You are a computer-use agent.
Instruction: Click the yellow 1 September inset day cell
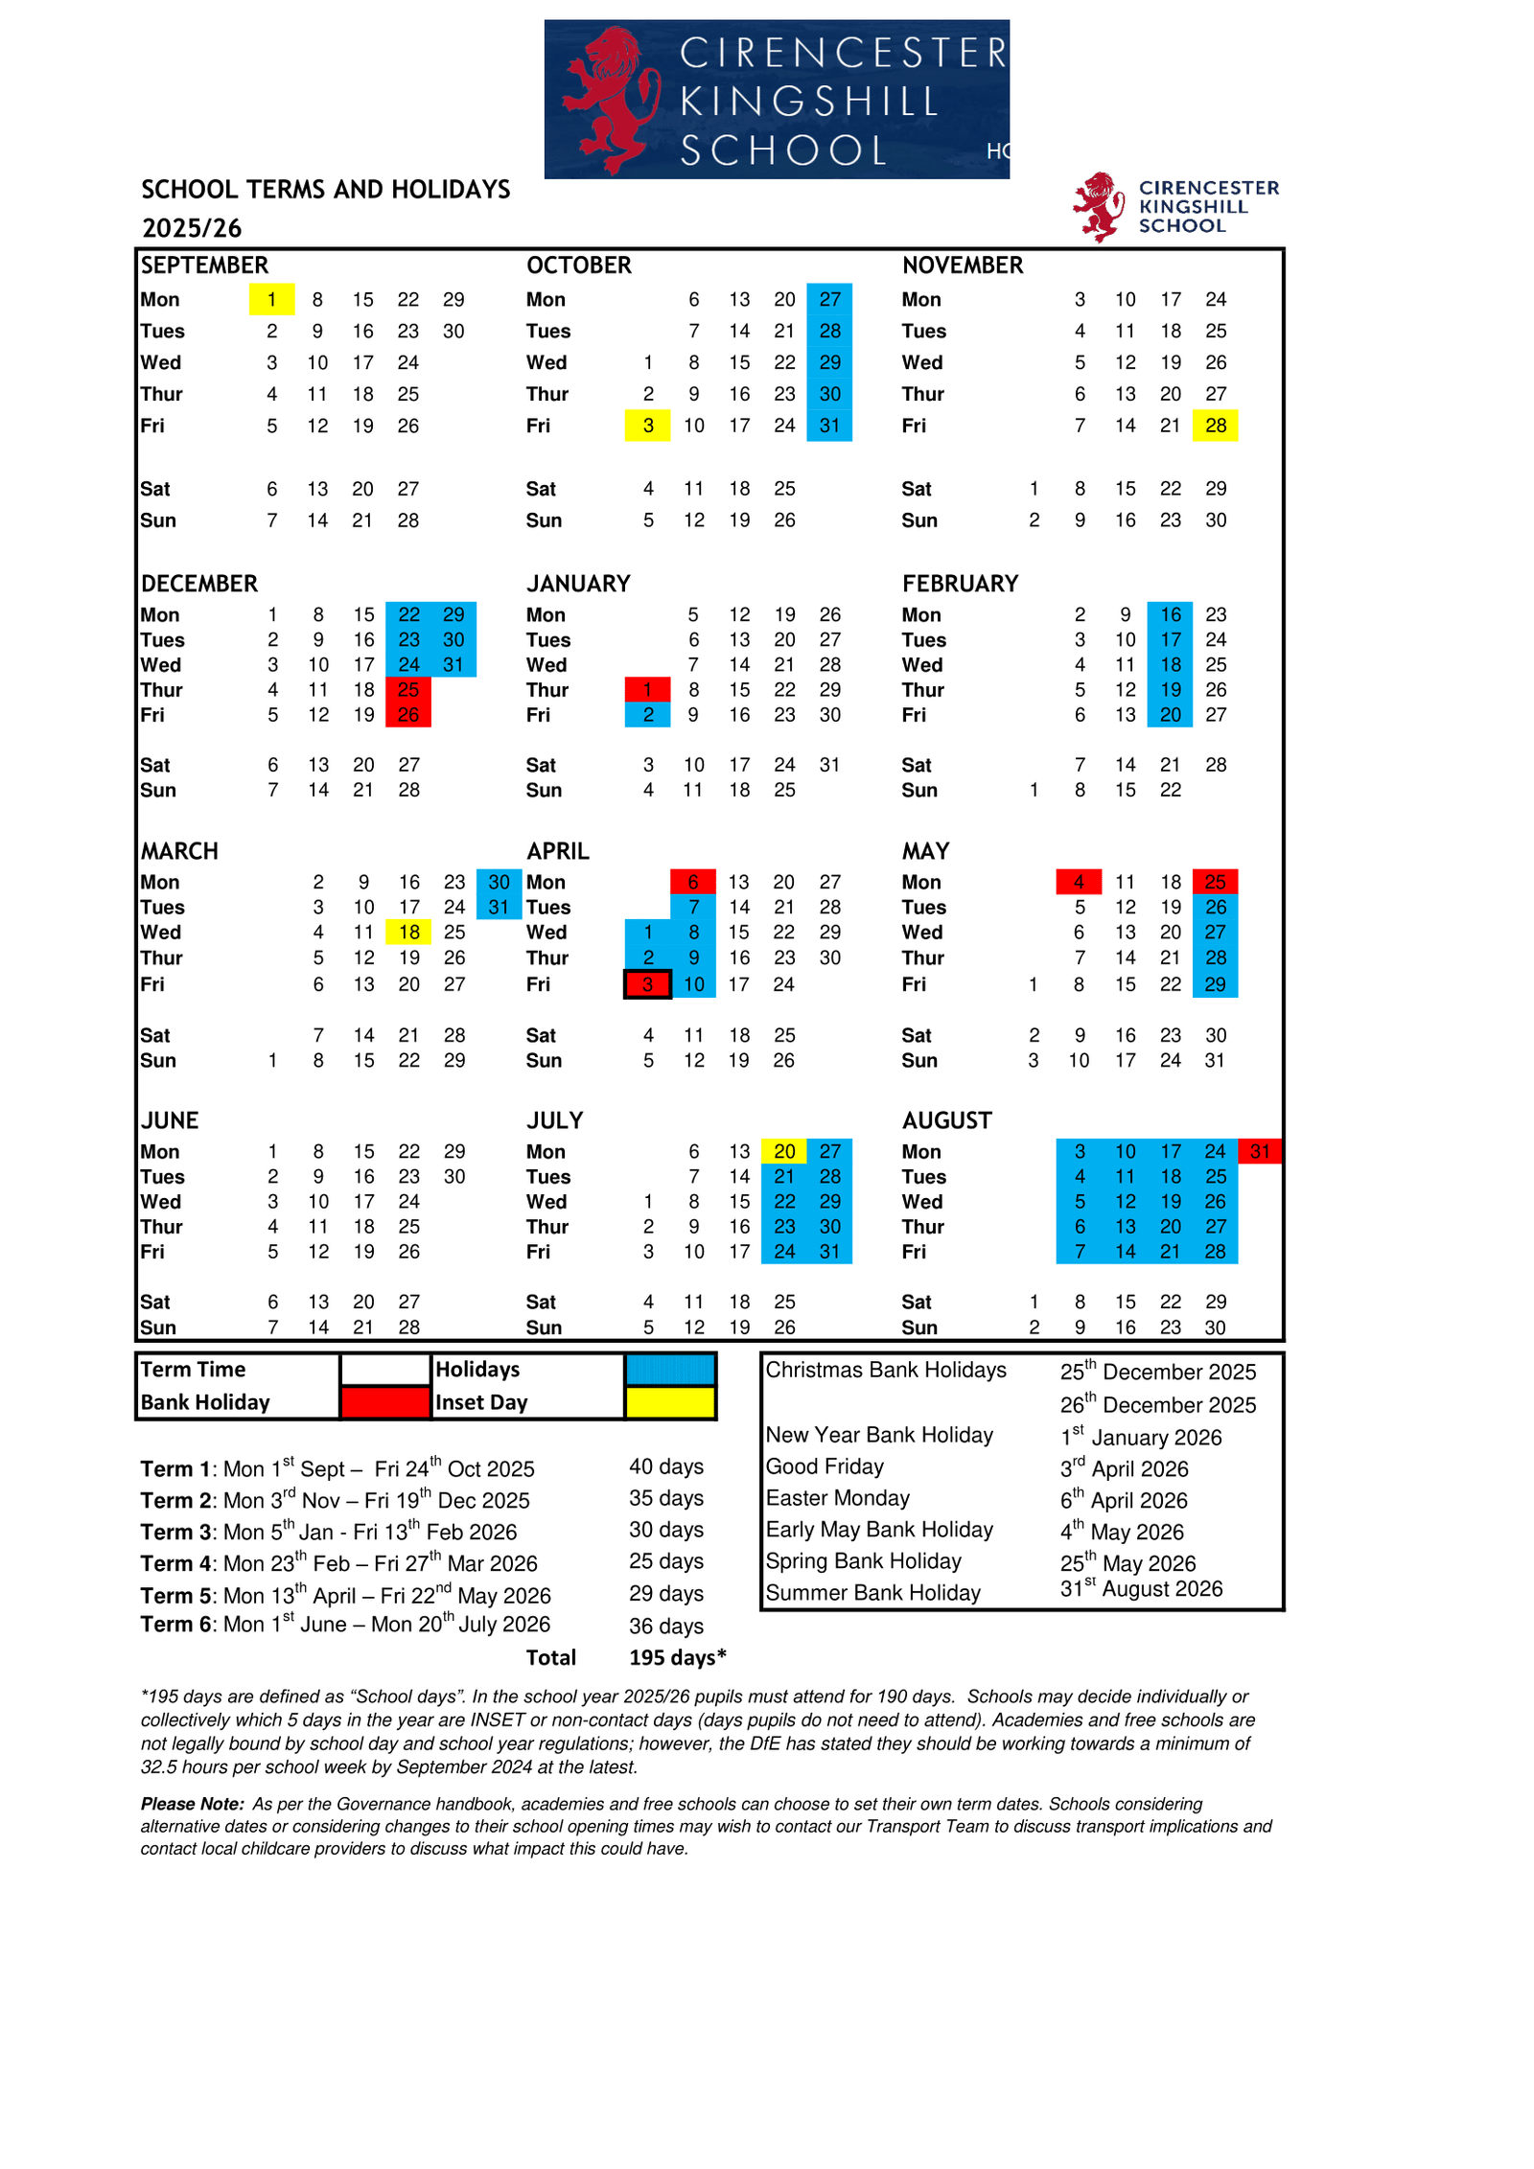click(x=271, y=300)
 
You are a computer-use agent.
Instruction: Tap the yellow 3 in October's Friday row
click(x=648, y=426)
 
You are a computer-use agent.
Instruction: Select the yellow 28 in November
click(x=1215, y=426)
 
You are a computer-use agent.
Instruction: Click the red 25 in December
click(x=408, y=689)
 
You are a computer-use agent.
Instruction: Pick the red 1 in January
click(x=648, y=689)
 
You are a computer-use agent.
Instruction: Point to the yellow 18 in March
click(x=408, y=932)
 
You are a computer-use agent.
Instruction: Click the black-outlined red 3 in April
click(x=648, y=984)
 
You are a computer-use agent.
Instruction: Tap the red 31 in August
click(x=1259, y=1151)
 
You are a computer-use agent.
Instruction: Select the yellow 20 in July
click(x=784, y=1151)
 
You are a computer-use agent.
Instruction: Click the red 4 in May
click(x=1079, y=882)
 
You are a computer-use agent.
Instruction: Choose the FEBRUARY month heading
click(x=960, y=584)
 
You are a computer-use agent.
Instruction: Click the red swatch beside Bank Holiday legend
click(x=384, y=1402)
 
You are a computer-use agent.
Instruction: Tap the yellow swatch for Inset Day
click(x=670, y=1402)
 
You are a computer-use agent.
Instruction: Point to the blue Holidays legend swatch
click(x=670, y=1370)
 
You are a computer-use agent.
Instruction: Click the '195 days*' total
click(x=677, y=1658)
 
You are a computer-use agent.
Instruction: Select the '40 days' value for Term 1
click(x=666, y=1466)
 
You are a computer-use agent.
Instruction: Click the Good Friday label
click(x=825, y=1466)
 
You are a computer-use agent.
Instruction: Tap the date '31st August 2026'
click(x=1141, y=1589)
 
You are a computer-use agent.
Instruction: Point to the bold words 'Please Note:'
click(x=193, y=1804)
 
